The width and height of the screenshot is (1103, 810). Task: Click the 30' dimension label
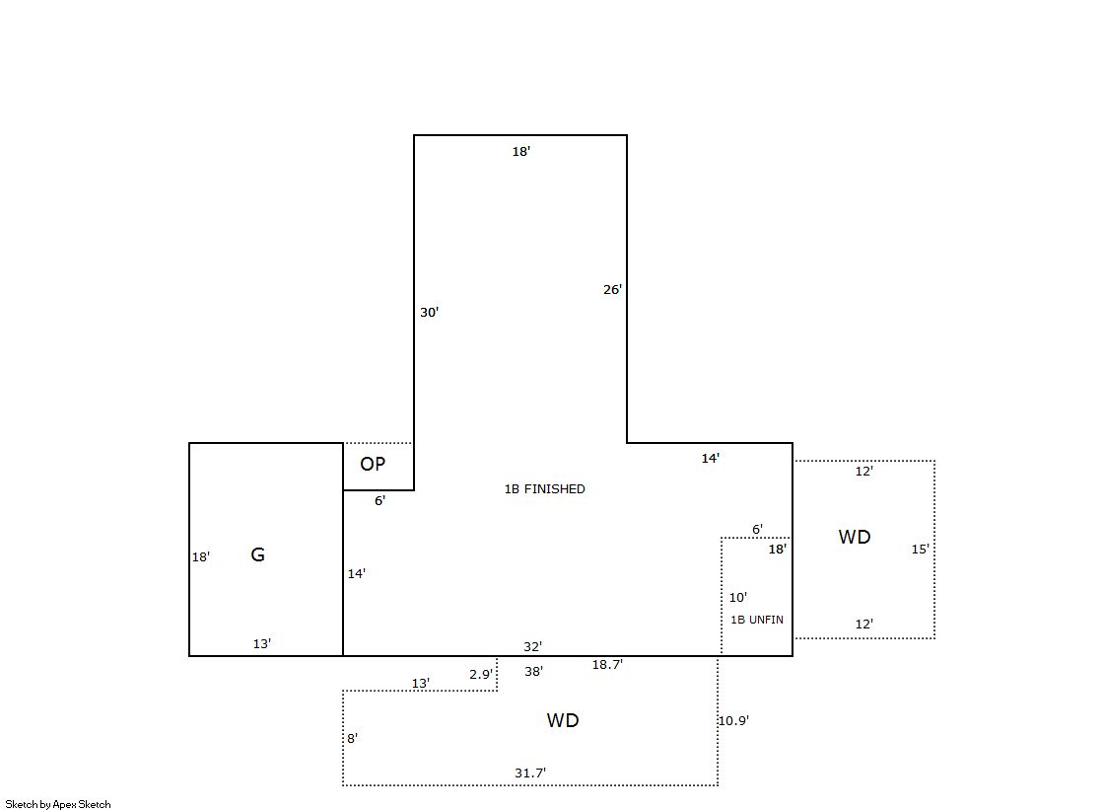point(429,312)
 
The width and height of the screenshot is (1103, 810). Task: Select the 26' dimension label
point(613,289)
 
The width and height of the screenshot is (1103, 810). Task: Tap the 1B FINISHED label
point(544,488)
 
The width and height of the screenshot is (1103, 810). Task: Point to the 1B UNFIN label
point(757,620)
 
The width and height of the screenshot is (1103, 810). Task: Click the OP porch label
point(373,464)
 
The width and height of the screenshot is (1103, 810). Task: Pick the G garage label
point(258,555)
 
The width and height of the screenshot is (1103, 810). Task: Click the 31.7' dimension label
point(530,773)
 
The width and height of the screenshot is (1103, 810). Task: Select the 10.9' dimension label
point(733,720)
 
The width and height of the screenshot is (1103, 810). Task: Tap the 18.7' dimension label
point(607,664)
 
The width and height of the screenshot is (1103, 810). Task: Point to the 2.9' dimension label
point(481,674)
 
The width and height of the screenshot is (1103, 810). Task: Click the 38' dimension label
point(534,671)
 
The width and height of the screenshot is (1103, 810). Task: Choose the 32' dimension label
point(532,646)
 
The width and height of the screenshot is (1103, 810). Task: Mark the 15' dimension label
point(920,549)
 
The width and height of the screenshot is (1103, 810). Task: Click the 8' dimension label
point(353,738)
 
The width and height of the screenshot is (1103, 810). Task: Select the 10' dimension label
point(738,597)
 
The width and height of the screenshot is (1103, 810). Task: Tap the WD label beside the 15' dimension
point(855,537)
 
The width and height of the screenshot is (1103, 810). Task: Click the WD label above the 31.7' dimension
point(563,720)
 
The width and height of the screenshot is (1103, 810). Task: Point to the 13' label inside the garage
point(262,643)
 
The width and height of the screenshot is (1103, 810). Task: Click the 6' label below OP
point(379,500)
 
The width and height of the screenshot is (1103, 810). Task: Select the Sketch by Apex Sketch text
point(58,804)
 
